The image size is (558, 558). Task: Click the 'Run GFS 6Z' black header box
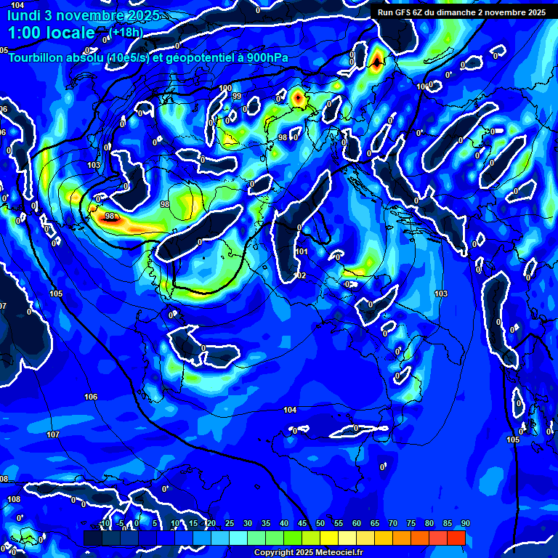461,12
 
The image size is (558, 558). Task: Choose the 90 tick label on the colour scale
465,523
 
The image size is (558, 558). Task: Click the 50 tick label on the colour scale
320,523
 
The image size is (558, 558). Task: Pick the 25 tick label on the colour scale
230,523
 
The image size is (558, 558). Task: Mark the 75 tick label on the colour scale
411,523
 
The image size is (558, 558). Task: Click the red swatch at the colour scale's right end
456,538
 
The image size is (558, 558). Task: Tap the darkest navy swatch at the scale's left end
92,538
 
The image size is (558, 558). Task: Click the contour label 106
91,397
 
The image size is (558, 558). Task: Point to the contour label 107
53,434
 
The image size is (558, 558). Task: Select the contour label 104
290,411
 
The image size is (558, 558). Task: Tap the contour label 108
14,499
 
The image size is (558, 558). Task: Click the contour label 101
302,251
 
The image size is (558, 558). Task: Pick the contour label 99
237,96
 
